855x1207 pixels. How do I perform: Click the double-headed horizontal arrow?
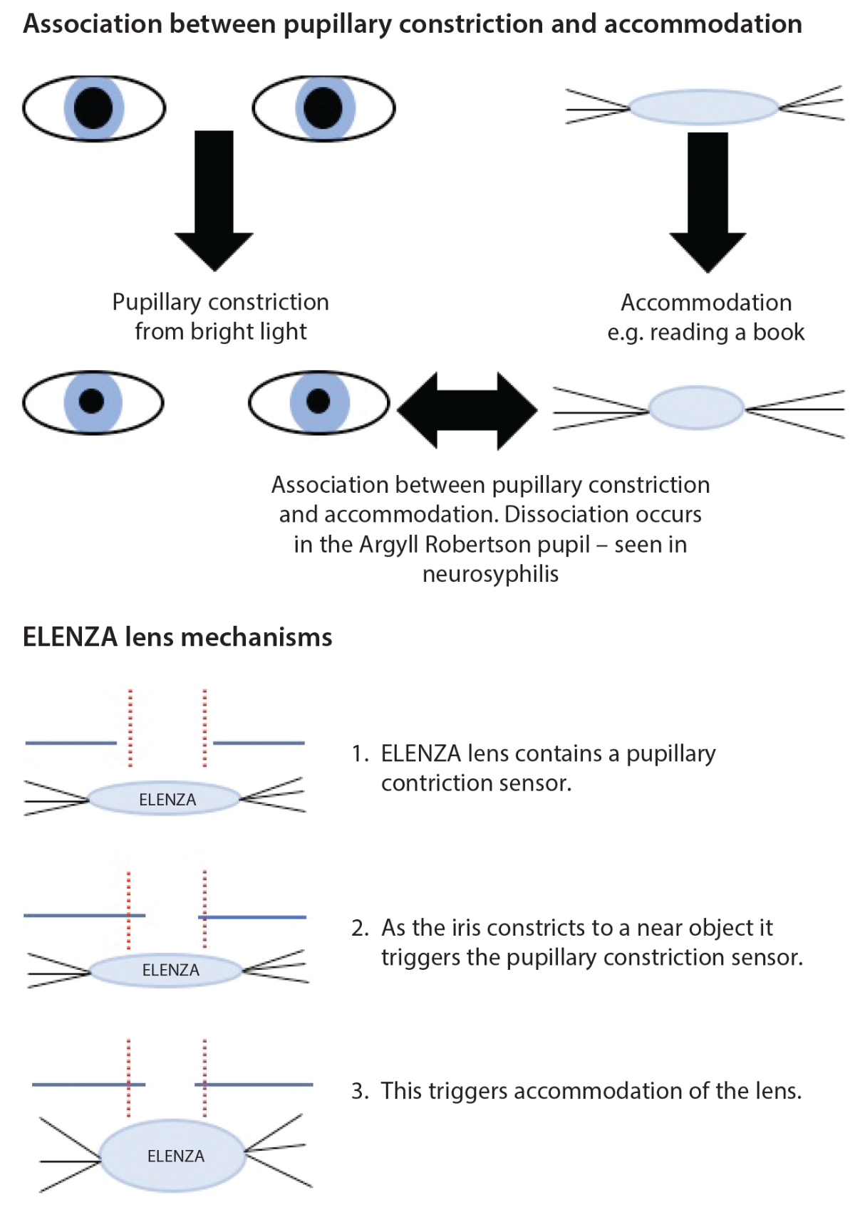point(467,410)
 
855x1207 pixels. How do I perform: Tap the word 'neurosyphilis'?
point(490,574)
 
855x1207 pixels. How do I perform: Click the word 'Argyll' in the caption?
point(389,545)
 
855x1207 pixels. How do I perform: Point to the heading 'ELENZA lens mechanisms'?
point(177,637)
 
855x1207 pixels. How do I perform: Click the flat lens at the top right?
point(704,108)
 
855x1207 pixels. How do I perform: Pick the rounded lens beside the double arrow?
point(696,408)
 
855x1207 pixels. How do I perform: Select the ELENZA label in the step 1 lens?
point(167,800)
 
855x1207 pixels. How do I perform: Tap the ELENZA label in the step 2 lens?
point(171,970)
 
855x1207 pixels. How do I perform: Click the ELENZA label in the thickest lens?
point(176,1156)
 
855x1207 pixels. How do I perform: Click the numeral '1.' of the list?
point(360,754)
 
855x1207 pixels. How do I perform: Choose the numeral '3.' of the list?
point(360,1092)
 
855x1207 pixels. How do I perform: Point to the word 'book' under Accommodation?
point(779,333)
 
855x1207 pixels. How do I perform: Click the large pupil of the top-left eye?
point(93,108)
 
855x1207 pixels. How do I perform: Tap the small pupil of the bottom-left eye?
point(91,402)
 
